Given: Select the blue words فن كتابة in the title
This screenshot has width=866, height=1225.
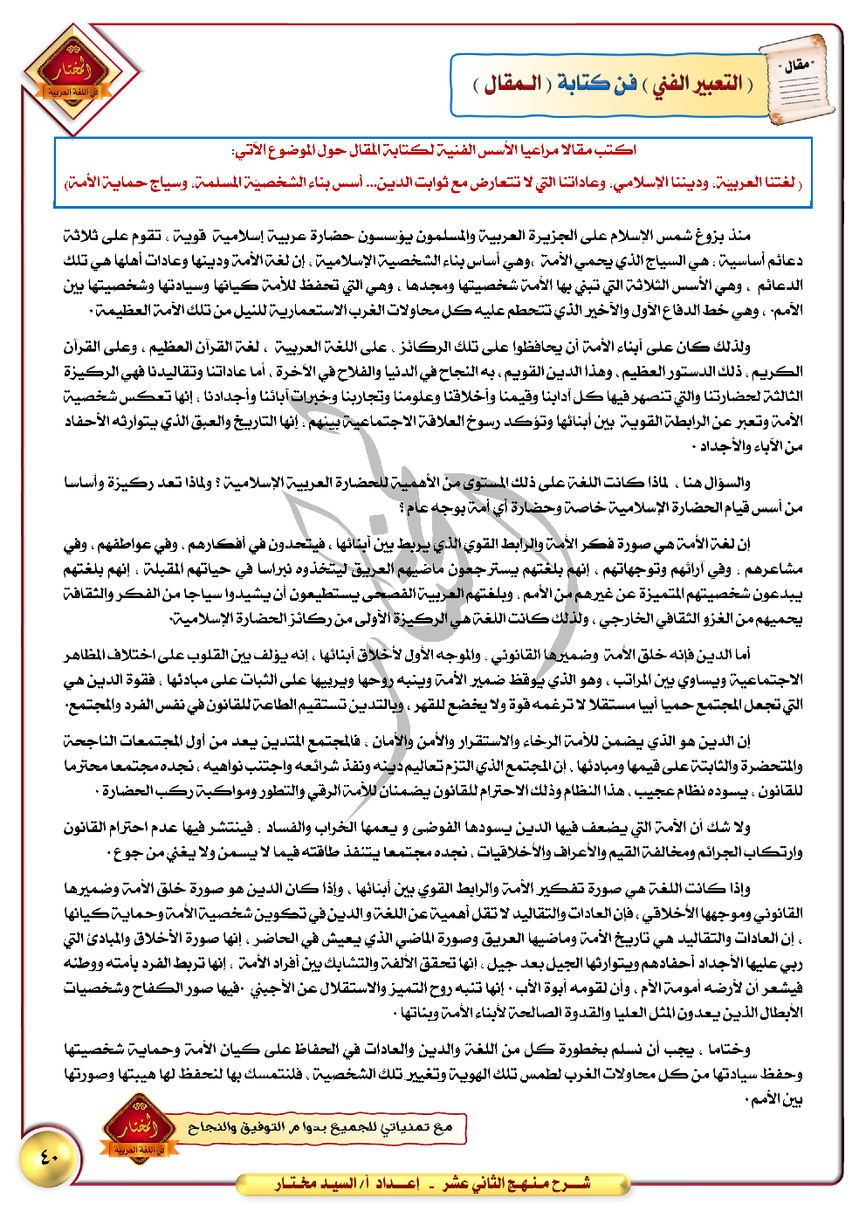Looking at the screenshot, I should (597, 85).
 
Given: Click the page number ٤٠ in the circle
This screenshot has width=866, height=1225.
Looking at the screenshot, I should (49, 1158).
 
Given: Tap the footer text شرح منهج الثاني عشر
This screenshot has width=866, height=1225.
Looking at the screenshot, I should (516, 1184).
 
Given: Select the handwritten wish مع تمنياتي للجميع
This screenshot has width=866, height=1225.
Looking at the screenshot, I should (320, 1127).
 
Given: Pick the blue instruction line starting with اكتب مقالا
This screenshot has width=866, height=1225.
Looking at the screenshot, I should (434, 150).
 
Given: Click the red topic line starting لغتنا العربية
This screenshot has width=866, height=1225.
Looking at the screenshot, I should (434, 183).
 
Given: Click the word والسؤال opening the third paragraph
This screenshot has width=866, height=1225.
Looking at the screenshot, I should (726, 482).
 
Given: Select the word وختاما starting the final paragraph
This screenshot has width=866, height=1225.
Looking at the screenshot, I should (730, 1049).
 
